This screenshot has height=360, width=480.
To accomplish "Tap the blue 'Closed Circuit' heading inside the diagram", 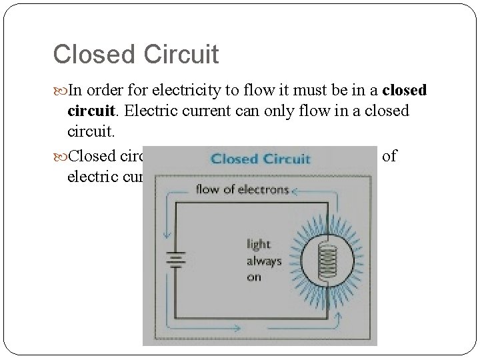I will point(260,159).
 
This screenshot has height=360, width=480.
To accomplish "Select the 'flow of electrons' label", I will point(242,189).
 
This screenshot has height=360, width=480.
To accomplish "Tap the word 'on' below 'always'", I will point(254,276).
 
